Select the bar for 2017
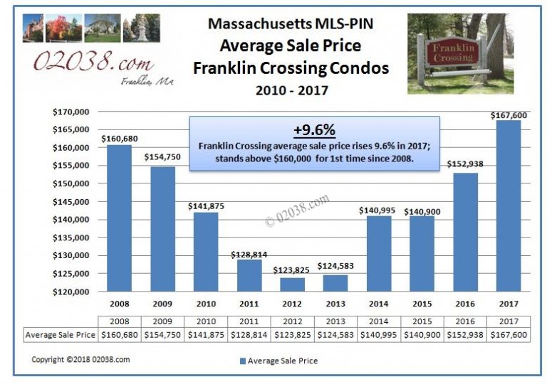point(508,206)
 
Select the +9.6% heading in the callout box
point(314,131)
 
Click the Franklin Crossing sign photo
point(460,53)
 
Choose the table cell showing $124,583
point(335,334)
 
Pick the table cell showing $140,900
point(422,334)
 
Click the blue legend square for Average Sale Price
point(243,361)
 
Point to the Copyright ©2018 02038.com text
point(80,360)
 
